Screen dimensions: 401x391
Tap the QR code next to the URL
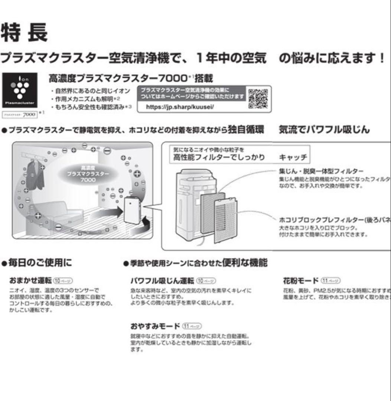pyautogui.click(x=258, y=98)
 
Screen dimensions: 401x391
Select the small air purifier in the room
pyautogui.click(x=132, y=210)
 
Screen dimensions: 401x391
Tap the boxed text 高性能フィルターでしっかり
pyautogui.click(x=219, y=157)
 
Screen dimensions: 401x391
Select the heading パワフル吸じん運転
pyautogui.click(x=162, y=280)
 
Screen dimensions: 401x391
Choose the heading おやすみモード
pyautogui.click(x=155, y=326)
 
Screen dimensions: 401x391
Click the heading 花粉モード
pyautogui.click(x=301, y=280)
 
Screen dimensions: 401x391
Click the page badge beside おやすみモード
pyautogui.click(x=192, y=326)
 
